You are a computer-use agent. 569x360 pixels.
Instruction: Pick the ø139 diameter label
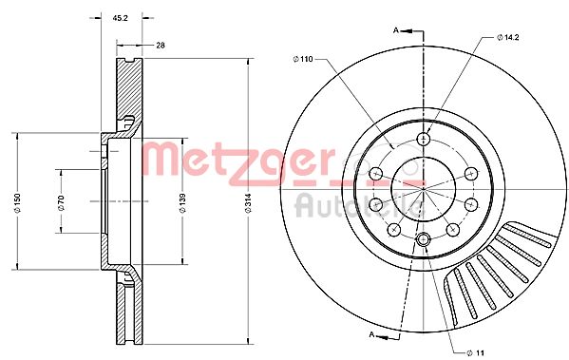[x=182, y=201]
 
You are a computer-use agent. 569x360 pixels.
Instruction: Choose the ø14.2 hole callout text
[x=509, y=37]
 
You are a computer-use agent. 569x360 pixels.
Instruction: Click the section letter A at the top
[x=395, y=31]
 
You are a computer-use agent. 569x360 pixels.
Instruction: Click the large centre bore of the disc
[x=423, y=189]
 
